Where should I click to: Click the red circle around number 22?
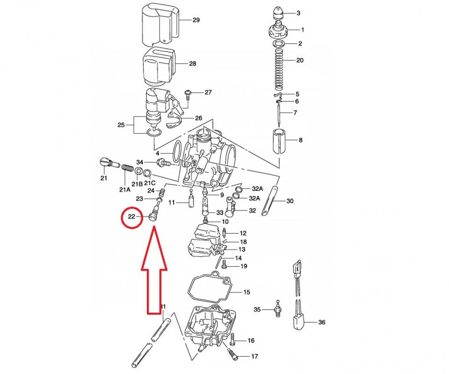click(x=131, y=217)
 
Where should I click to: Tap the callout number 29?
click(x=196, y=20)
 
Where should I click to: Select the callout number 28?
click(x=193, y=64)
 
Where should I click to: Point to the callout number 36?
click(x=321, y=322)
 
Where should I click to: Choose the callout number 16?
click(x=251, y=340)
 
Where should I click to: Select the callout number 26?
click(x=198, y=118)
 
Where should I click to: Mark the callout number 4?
click(x=158, y=154)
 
